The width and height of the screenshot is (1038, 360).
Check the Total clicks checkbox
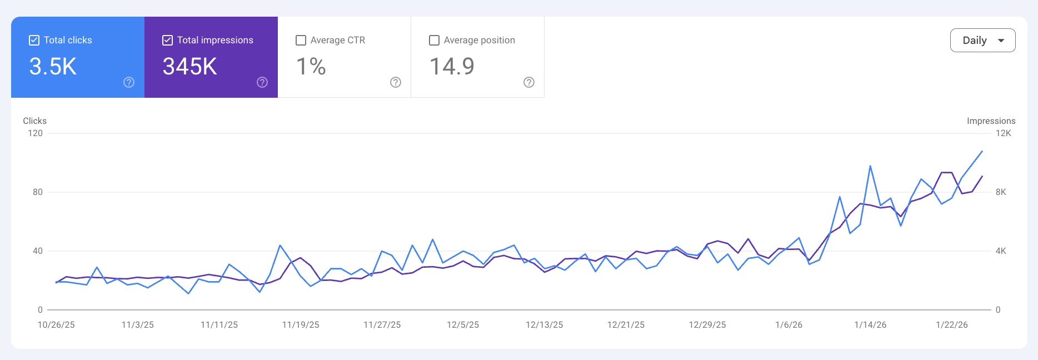pyautogui.click(x=34, y=40)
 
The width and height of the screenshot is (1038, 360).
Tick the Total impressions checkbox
pyautogui.click(x=167, y=40)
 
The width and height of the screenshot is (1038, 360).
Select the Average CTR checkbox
pyautogui.click(x=301, y=40)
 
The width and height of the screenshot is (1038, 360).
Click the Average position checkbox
pyautogui.click(x=435, y=40)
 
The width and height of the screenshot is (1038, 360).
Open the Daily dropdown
pyautogui.click(x=982, y=40)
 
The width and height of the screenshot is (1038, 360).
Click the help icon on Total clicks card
pyautogui.click(x=129, y=82)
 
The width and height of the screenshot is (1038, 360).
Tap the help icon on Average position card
pyautogui.click(x=529, y=82)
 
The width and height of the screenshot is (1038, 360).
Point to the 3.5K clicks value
pyautogui.click(x=53, y=67)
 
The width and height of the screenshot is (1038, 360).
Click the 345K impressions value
pyautogui.click(x=189, y=67)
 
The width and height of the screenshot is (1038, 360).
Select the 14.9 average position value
pyautogui.click(x=452, y=67)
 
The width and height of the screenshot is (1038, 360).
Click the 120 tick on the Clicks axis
pyautogui.click(x=35, y=133)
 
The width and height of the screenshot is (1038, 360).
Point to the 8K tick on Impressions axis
pyautogui.click(x=1001, y=192)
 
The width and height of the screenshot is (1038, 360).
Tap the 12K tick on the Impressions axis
pyautogui.click(x=1003, y=133)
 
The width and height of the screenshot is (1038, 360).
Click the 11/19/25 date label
pyautogui.click(x=301, y=325)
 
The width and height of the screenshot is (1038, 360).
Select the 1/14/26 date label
pyautogui.click(x=870, y=325)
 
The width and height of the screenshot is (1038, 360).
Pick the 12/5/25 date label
pyautogui.click(x=463, y=325)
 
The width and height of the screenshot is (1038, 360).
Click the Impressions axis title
pyautogui.click(x=991, y=121)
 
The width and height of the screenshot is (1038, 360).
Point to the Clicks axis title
pyautogui.click(x=34, y=121)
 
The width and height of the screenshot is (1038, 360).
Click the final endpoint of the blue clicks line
pyautogui.click(x=982, y=151)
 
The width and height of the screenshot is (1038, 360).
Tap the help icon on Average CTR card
pyautogui.click(x=396, y=82)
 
